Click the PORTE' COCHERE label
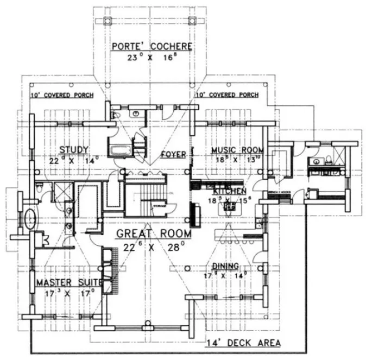[x=152, y=46]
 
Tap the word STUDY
[x=74, y=150]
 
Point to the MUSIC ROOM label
[x=237, y=150]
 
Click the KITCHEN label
[x=230, y=192]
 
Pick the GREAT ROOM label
[x=154, y=233]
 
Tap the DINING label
[x=226, y=266]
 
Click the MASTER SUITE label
[x=68, y=283]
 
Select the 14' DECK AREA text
[x=244, y=343]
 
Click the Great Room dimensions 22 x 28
[x=154, y=247]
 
